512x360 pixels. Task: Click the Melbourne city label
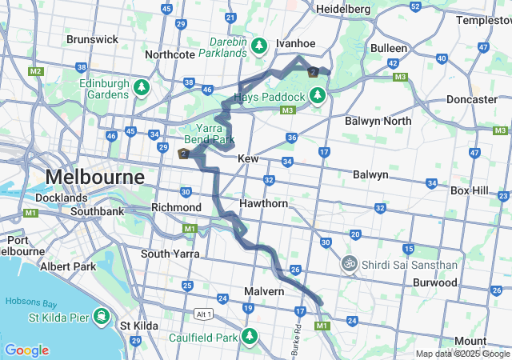pos(95,176)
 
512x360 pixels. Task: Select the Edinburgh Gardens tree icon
pos(142,86)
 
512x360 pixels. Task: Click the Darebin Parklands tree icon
pos(259,45)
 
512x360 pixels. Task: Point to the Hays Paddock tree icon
pos(318,96)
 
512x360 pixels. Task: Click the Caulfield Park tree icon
pos(250,335)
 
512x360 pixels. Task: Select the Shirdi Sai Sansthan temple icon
pos(349,262)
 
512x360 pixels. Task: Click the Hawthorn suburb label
pos(263,203)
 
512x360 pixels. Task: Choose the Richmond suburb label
pos(171,207)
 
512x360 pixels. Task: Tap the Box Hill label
pos(474,190)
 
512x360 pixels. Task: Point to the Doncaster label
pos(471,99)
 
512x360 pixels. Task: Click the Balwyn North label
pos(378,121)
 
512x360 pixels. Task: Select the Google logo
pos(26,350)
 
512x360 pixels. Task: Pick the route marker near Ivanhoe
pos(314,72)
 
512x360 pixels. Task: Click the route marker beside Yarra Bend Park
pos(184,154)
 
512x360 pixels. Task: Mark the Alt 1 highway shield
pos(204,314)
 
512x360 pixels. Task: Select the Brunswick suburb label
pos(92,39)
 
